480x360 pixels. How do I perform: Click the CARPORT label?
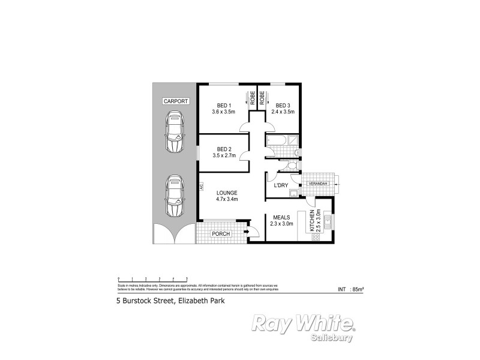point(176,102)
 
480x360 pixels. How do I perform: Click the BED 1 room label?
point(221,106)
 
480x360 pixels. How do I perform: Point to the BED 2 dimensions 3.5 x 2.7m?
point(224,156)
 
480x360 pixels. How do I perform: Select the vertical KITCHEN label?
point(311,221)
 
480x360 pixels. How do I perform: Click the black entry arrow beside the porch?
point(247,229)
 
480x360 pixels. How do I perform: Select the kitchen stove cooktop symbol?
point(316,237)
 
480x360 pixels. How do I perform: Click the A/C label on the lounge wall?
point(202,188)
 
